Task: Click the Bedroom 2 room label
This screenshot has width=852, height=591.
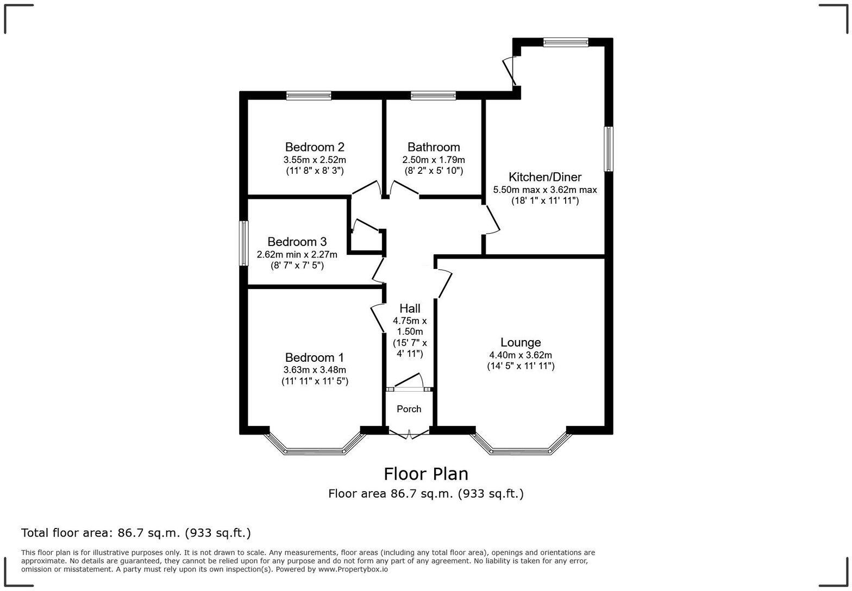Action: (315, 147)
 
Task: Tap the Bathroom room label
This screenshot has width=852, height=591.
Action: (434, 147)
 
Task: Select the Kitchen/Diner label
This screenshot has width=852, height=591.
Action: (545, 177)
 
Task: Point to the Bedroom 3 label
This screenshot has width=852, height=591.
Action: (297, 242)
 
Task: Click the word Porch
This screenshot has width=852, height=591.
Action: (409, 409)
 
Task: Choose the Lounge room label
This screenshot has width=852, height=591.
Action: (521, 343)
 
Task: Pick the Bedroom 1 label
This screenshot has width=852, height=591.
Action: (315, 358)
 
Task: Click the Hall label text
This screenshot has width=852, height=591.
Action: (410, 309)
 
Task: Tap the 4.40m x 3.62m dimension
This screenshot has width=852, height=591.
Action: (521, 355)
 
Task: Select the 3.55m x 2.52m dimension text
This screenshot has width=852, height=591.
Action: (315, 160)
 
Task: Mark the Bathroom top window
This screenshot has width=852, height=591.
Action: (433, 96)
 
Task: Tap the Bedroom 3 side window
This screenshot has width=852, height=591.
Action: (245, 243)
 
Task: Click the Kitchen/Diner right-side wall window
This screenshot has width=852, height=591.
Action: (609, 149)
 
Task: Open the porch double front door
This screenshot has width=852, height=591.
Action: (409, 433)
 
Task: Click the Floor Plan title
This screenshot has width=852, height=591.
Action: (426, 474)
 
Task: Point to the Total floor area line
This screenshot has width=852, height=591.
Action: (136, 533)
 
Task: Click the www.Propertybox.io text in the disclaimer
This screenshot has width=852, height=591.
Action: (353, 569)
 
